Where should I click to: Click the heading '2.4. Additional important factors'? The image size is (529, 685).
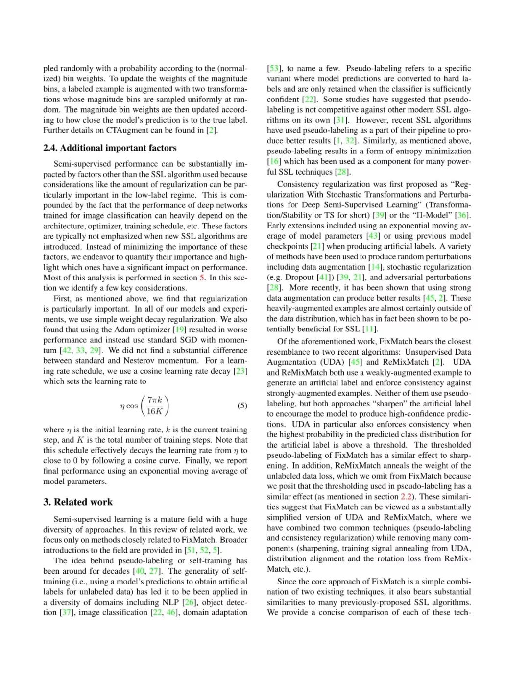[110, 148]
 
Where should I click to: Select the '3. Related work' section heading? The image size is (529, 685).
[78, 502]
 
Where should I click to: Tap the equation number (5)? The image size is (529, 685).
[242, 406]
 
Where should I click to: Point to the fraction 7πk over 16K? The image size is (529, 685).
[155, 406]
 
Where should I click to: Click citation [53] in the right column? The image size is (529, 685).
[274, 68]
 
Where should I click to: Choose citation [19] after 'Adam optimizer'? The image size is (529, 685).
[179, 330]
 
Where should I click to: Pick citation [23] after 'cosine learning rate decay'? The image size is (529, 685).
[240, 371]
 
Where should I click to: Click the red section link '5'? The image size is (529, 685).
[202, 278]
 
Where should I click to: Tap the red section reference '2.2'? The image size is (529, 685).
[406, 496]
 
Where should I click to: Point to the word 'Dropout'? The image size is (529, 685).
[299, 277]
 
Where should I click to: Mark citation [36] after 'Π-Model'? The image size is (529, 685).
[462, 215]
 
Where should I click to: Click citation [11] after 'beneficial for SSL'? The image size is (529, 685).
[371, 329]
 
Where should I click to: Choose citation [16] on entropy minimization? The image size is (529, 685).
[274, 161]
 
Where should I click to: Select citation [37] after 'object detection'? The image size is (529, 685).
[66, 612]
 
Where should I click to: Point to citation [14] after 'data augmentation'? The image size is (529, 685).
[375, 267]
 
